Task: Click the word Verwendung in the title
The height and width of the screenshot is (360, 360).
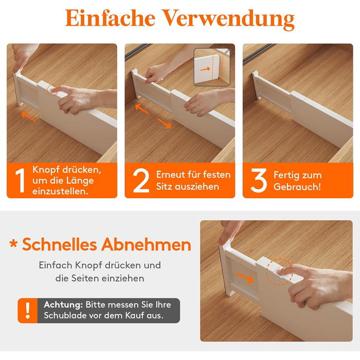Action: coord(229,20)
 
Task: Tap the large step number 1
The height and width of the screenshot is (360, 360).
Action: coord(21,180)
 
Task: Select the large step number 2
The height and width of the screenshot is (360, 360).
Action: coord(141,180)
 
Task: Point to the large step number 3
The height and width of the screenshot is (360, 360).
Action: coord(259,180)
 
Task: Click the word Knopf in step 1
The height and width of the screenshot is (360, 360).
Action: coord(46,170)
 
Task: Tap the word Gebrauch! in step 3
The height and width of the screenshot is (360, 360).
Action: coord(297,187)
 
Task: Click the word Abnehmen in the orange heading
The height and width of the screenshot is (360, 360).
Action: coord(146,244)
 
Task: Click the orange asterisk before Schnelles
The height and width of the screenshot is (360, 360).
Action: coord(13,243)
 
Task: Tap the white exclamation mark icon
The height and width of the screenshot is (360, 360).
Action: coord(28,311)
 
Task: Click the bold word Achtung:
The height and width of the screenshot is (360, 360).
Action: coord(63,305)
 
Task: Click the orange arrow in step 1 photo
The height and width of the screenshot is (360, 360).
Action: coord(29,116)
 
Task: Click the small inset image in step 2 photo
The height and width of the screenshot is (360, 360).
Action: coord(212,67)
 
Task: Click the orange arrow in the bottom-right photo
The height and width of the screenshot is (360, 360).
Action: coord(245,278)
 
